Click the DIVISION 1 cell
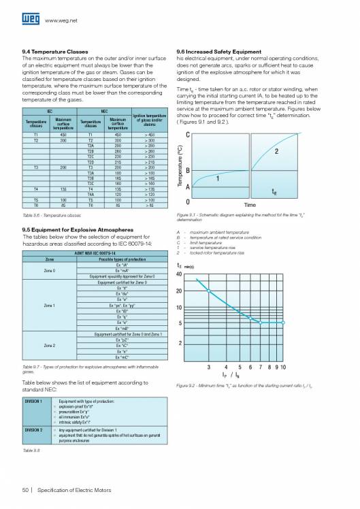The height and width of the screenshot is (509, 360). (34, 402)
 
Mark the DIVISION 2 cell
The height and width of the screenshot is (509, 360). (34, 430)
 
